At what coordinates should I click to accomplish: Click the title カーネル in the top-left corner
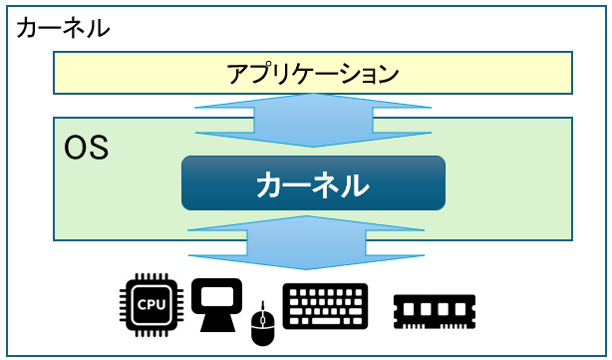coord(63,27)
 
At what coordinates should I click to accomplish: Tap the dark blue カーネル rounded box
coord(312,183)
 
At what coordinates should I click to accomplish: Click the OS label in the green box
coord(86,150)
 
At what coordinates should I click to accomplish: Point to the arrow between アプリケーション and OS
coord(312,121)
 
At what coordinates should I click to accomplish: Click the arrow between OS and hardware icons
coord(312,242)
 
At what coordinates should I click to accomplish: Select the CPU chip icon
coord(152,305)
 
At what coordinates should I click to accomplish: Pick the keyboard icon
coord(325,306)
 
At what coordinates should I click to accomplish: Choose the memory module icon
coord(436,310)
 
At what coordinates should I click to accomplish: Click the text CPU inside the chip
coord(152,305)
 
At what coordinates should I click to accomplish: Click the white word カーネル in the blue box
coord(312,183)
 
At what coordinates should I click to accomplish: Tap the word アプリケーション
coord(312,73)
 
